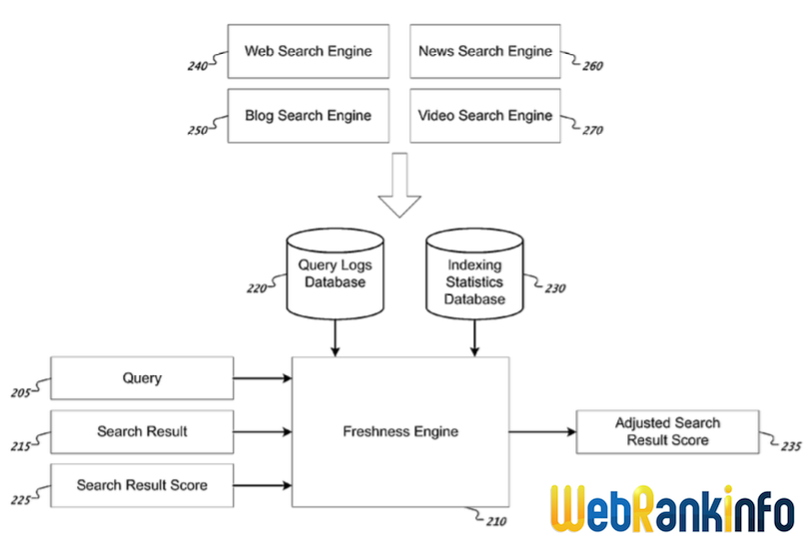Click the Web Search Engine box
[x=309, y=52]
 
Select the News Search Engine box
[x=485, y=52]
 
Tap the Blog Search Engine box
[x=309, y=116]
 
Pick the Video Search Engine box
[x=485, y=116]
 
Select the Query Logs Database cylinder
[x=335, y=274]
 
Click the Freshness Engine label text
[x=401, y=432]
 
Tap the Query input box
[x=142, y=378]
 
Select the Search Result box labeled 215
[x=142, y=431]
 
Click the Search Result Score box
[x=142, y=485]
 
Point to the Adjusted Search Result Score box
[x=667, y=432]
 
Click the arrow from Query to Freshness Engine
[x=263, y=378]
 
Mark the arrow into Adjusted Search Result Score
[x=542, y=432]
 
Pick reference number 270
[x=593, y=130]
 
